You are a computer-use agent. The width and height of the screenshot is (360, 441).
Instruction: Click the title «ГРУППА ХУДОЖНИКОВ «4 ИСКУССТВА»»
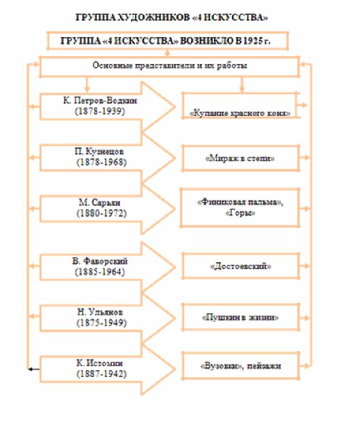point(172,18)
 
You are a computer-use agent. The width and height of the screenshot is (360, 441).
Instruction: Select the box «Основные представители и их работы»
point(169,66)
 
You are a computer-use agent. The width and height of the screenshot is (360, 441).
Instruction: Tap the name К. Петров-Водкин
point(101,101)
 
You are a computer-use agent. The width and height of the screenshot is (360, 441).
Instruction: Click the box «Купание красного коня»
point(240,113)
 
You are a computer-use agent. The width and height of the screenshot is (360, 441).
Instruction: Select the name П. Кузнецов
point(101,152)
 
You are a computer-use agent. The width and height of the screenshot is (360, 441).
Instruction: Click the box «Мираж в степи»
point(240,158)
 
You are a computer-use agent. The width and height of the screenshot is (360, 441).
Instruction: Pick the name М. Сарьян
point(101,203)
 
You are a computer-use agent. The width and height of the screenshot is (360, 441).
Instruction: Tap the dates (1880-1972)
point(101,213)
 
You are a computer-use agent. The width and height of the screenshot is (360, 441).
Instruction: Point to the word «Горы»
point(240,213)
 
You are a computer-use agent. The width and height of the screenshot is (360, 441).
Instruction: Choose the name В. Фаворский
point(101,262)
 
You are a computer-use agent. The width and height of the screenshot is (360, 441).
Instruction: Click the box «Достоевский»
point(240,267)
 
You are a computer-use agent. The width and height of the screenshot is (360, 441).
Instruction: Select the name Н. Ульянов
point(101,312)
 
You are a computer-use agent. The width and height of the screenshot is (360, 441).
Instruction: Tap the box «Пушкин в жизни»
point(240,317)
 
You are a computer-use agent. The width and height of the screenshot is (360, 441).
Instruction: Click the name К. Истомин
point(101,363)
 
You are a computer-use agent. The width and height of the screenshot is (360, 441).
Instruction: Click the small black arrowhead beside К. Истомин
point(31,370)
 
